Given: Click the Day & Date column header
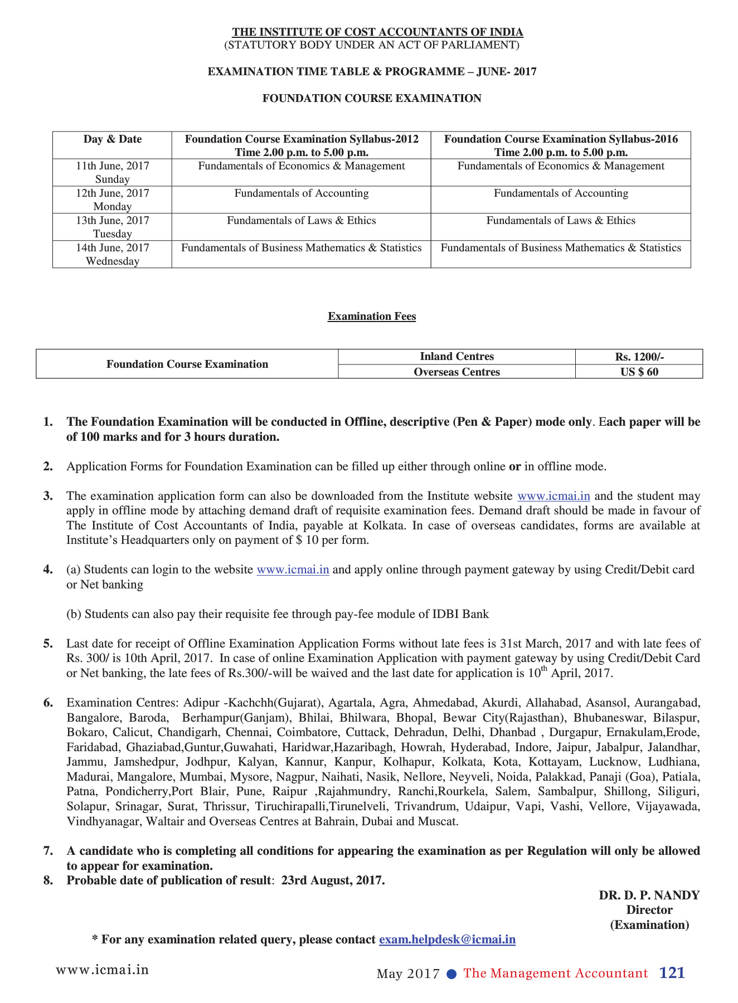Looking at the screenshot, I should click(113, 139).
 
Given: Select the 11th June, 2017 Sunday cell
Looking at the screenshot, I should click(113, 172).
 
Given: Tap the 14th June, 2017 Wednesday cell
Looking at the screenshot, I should click(113, 254).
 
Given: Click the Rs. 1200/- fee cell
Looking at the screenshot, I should click(639, 357).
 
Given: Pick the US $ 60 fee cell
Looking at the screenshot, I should click(639, 372).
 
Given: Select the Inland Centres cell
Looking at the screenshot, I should click(457, 357).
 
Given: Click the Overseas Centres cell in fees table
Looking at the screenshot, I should click(457, 372).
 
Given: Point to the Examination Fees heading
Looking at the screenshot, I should click(372, 317).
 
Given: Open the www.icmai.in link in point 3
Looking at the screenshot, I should click(553, 496).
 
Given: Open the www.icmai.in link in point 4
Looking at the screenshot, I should click(293, 569).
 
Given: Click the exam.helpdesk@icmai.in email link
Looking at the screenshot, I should click(447, 939).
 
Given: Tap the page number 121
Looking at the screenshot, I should click(672, 973).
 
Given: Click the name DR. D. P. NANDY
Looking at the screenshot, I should click(649, 895).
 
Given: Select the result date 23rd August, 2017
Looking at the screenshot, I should click(333, 880).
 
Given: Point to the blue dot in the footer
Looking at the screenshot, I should click(452, 973).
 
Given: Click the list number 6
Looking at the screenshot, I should click(48, 703).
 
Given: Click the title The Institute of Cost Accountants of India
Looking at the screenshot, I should click(377, 32).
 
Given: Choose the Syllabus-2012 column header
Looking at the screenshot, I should click(302, 145).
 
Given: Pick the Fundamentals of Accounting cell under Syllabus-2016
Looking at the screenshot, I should click(561, 193).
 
